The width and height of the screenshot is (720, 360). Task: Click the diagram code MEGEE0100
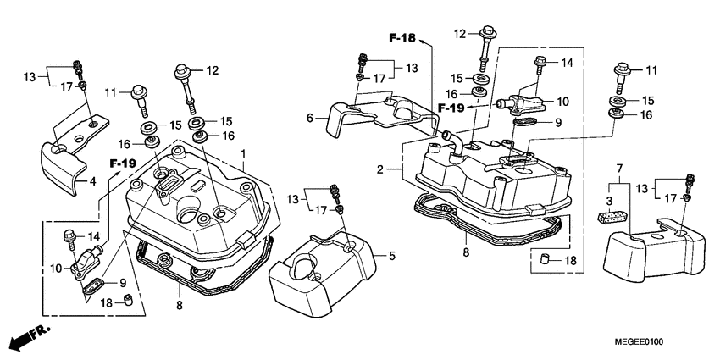pyautogui.click(x=639, y=341)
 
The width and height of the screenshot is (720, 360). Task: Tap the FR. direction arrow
pyautogui.click(x=30, y=338)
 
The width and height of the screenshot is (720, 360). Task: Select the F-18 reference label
pyautogui.click(x=402, y=38)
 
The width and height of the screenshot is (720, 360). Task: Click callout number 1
pyautogui.click(x=243, y=152)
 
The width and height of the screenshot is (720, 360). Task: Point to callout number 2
pyautogui.click(x=379, y=169)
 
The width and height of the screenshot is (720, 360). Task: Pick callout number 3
pyautogui.click(x=609, y=201)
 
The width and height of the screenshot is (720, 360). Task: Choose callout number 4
pyautogui.click(x=93, y=181)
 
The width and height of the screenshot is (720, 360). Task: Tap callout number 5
pyautogui.click(x=391, y=256)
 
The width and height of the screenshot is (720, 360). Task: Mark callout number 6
pyautogui.click(x=310, y=119)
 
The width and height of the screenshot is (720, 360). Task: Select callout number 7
pyautogui.click(x=619, y=169)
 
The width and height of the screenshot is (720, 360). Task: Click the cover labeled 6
pyautogui.click(x=381, y=116)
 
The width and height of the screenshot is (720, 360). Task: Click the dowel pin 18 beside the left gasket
pyautogui.click(x=129, y=300)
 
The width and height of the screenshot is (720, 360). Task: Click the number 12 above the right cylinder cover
pyautogui.click(x=460, y=34)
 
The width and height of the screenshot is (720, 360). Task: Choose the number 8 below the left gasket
pyautogui.click(x=179, y=305)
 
